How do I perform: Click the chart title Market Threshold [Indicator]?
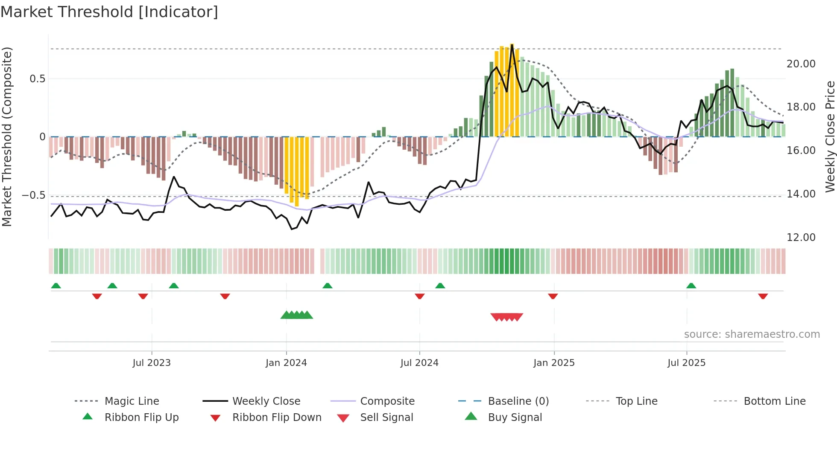tap(109, 12)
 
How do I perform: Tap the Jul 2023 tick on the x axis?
tap(152, 363)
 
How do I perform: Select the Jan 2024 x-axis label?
tap(286, 363)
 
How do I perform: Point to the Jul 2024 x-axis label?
tap(419, 363)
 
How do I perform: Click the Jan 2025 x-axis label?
tap(554, 363)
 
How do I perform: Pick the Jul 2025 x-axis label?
tap(687, 363)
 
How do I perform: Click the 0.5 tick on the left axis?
tap(38, 79)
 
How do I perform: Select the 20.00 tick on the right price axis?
tap(801, 64)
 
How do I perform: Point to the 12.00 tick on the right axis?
tap(801, 238)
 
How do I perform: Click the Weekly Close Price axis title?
tap(830, 136)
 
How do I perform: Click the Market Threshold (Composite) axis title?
tap(7, 136)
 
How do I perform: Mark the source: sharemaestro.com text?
tap(752, 334)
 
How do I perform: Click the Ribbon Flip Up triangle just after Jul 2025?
tap(691, 286)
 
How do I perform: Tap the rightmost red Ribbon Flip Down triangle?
tap(763, 296)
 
